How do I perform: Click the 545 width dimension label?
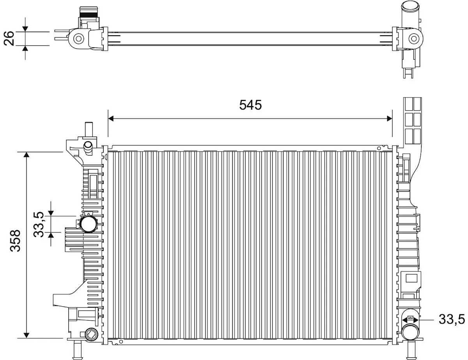click(x=250, y=105)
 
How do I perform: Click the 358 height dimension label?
click(x=15, y=241)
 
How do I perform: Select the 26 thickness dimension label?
click(x=9, y=38)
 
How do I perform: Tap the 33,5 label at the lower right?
click(x=452, y=319)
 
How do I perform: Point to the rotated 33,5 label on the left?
click(x=39, y=224)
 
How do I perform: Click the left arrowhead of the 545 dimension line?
click(x=111, y=119)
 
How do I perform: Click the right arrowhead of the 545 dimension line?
click(x=389, y=119)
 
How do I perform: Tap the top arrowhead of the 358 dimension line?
click(x=26, y=154)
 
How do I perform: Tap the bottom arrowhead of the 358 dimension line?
click(x=26, y=335)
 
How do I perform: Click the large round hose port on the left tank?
click(x=88, y=224)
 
